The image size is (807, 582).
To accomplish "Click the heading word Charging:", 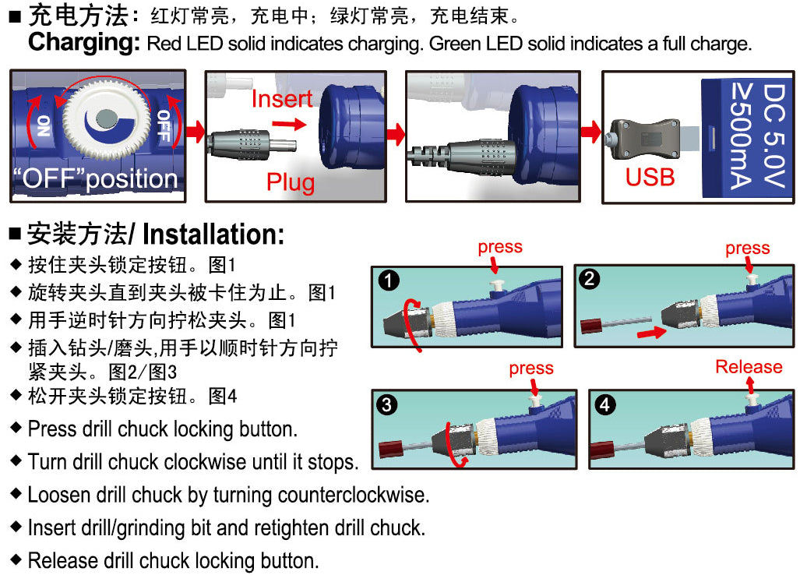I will pos(84,42).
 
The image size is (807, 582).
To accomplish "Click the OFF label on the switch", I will pos(163,126).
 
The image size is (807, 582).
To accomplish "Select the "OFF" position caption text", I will pos(95,178).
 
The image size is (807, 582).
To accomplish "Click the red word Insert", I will pos(281,99).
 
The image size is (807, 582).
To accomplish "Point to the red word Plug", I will pos(291,182).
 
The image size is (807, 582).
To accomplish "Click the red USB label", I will pos(650,177).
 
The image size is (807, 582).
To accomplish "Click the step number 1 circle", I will pos(388,280).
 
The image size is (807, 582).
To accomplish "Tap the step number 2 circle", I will pos(590,278).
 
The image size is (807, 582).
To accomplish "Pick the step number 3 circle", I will pos(386,404).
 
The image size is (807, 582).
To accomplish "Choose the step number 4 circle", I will pos(604,404).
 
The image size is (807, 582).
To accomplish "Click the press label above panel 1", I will pos(500,247).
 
